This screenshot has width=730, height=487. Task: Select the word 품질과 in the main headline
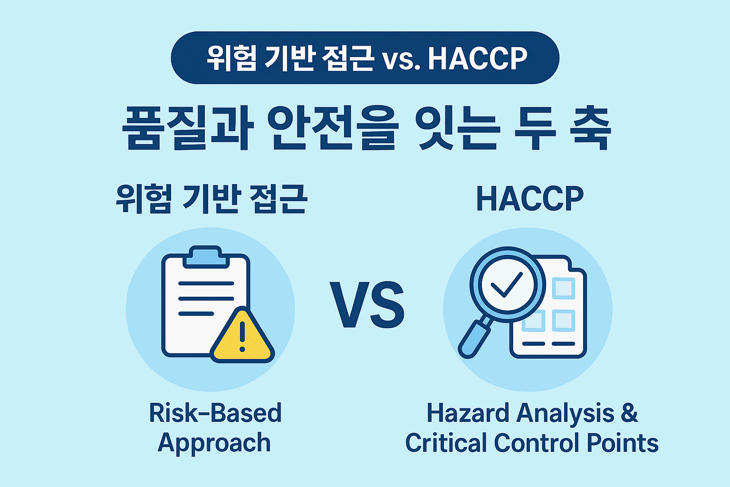(x=187, y=128)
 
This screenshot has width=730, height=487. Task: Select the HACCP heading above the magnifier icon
(x=529, y=199)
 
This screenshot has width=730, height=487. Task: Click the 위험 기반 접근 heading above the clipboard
(x=211, y=199)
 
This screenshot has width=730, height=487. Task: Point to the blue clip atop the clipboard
(x=205, y=256)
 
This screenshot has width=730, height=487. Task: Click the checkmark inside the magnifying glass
(x=507, y=284)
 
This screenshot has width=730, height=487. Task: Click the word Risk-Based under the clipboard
(x=215, y=413)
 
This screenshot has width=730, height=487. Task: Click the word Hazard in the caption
(x=468, y=413)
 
